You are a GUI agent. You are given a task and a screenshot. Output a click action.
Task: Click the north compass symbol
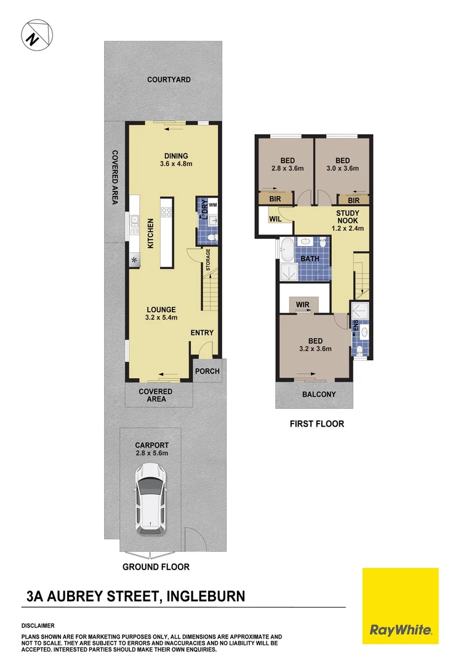pyautogui.click(x=36, y=36)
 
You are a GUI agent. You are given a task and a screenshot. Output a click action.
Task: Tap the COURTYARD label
pyautogui.click(x=169, y=79)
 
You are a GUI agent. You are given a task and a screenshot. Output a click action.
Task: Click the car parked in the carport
pyautogui.click(x=151, y=498)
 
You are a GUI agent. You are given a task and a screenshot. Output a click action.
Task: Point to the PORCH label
pyautogui.click(x=207, y=371)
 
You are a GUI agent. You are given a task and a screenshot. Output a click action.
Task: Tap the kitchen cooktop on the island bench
pyautogui.click(x=167, y=213)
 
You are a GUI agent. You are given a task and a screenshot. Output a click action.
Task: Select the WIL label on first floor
pyautogui.click(x=275, y=217)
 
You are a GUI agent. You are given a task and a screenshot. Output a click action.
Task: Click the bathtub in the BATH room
pyautogui.click(x=287, y=251)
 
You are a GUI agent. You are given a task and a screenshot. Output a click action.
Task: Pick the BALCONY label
pyautogui.click(x=318, y=395)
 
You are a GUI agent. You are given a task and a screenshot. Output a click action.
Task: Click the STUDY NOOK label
pyautogui.click(x=348, y=217)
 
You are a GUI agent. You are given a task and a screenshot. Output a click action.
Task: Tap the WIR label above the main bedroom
pyautogui.click(x=302, y=304)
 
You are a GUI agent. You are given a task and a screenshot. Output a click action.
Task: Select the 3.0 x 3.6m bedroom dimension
pyautogui.click(x=342, y=168)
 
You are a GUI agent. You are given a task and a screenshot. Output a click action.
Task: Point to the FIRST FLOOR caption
pyautogui.click(x=317, y=424)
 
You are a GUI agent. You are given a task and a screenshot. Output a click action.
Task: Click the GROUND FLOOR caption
pyautogui.click(x=156, y=566)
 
